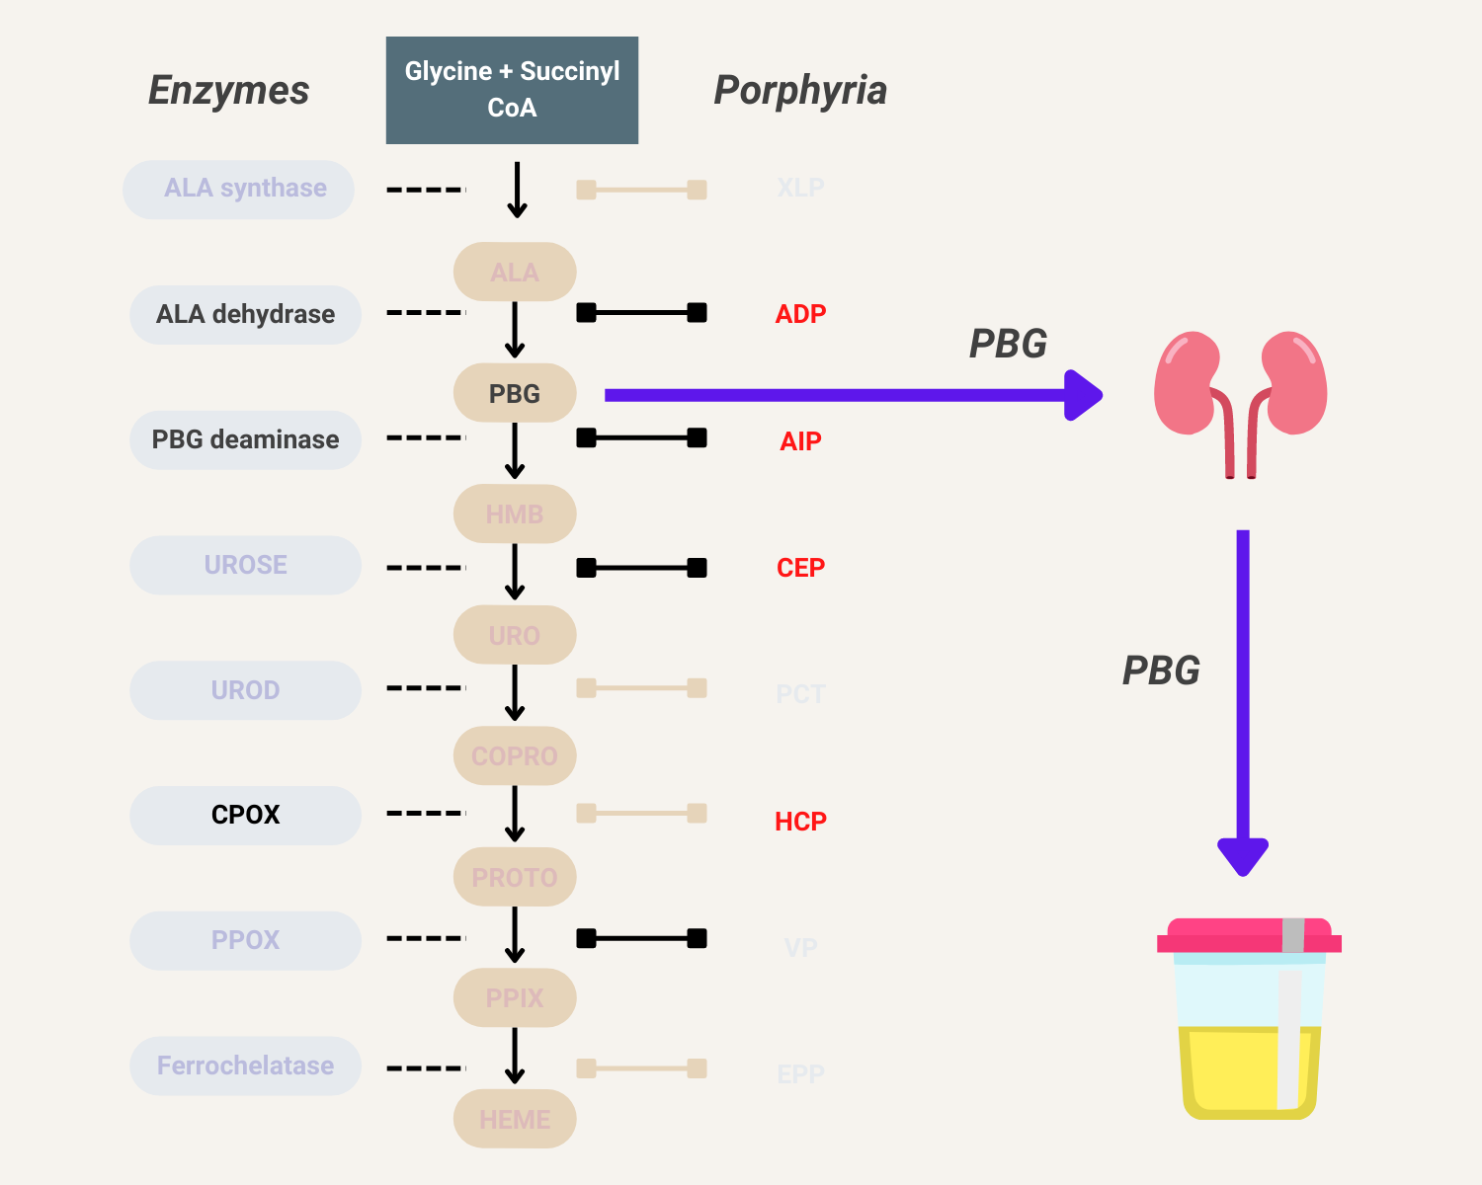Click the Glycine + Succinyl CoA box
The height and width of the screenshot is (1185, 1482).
pyautogui.click(x=512, y=90)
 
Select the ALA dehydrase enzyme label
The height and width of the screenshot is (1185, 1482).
pyautogui.click(x=245, y=314)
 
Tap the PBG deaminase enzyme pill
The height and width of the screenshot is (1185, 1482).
pyautogui.click(x=245, y=439)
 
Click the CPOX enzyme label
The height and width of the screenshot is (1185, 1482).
pyautogui.click(x=245, y=815)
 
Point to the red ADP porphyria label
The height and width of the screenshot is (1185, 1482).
pyautogui.click(x=800, y=314)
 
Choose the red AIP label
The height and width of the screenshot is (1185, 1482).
pyautogui.click(x=800, y=440)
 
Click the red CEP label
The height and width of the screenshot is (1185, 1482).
pyautogui.click(x=800, y=568)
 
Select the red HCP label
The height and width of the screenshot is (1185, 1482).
pyautogui.click(x=800, y=821)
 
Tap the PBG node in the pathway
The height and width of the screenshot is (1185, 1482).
pyautogui.click(x=515, y=393)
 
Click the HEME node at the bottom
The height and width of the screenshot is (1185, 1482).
pyautogui.click(x=515, y=1119)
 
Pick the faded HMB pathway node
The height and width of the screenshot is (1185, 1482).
pyautogui.click(x=515, y=513)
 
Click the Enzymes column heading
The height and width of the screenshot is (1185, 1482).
pyautogui.click(x=228, y=90)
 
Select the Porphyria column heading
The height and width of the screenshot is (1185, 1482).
pyautogui.click(x=800, y=90)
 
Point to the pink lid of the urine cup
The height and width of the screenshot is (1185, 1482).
pyautogui.click(x=1249, y=936)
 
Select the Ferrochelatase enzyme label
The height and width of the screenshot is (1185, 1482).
pyautogui.click(x=245, y=1066)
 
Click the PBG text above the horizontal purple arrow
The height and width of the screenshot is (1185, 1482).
pyautogui.click(x=1008, y=344)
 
